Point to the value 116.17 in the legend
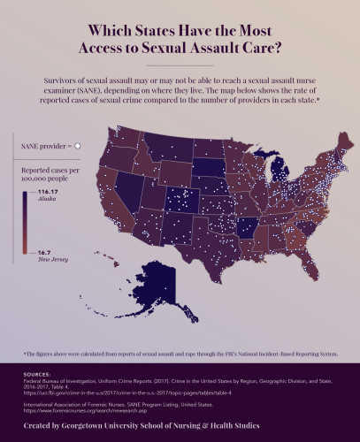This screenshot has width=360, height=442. pos(52,192)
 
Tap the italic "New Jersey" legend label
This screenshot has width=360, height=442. pos(52,261)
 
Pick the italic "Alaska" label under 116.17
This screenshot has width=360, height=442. pos(47,200)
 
